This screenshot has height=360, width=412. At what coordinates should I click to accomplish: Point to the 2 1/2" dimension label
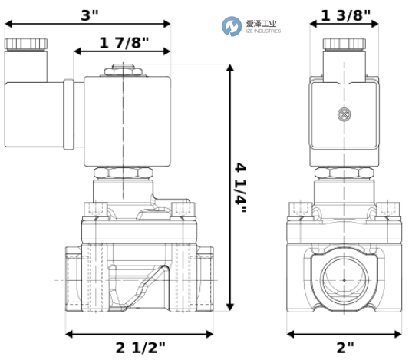140,348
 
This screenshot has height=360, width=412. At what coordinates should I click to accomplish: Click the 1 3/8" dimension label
344,15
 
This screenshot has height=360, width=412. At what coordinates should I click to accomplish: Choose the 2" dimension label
344,348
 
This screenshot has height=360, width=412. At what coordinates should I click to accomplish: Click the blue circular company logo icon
231,27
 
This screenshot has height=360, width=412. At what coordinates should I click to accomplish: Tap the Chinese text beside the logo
262,23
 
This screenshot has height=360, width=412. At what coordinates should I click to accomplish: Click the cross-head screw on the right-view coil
344,116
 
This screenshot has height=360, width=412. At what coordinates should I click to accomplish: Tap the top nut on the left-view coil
124,70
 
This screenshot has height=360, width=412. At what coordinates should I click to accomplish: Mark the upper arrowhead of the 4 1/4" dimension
230,70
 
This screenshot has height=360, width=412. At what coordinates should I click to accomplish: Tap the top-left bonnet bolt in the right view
299,208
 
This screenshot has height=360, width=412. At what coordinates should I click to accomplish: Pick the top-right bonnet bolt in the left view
180,208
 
